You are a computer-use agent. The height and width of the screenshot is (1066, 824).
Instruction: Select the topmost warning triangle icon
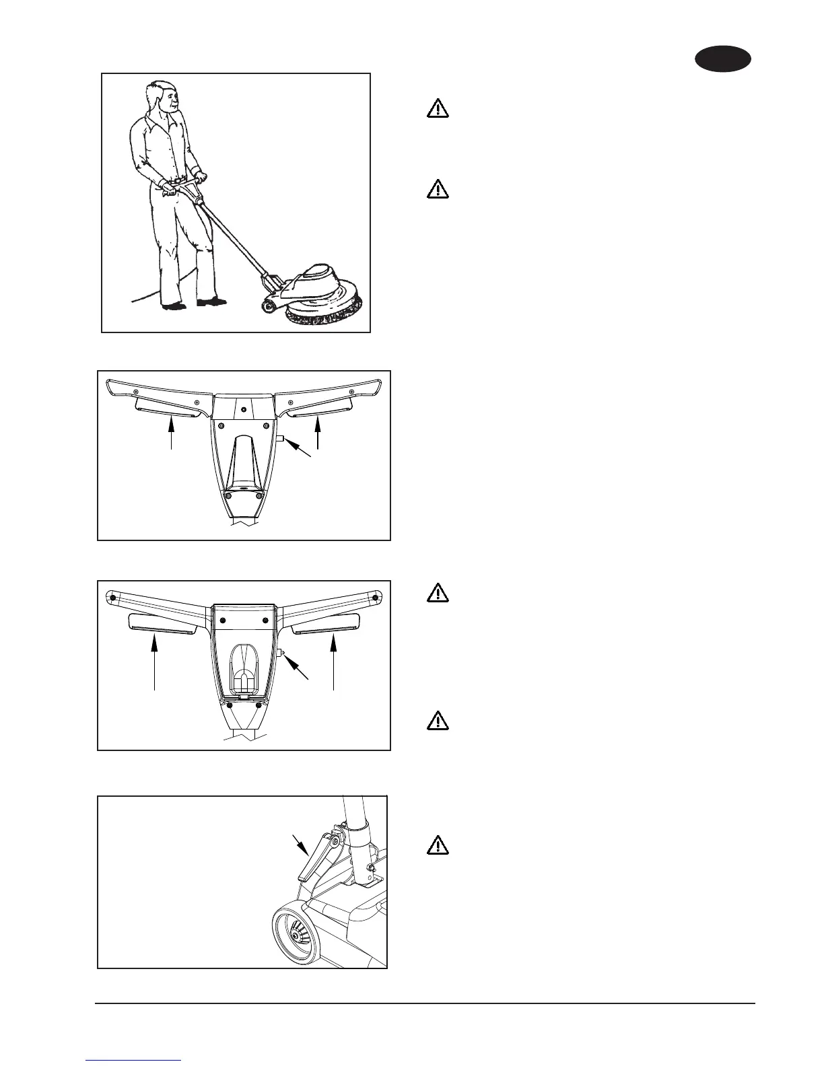click(438, 109)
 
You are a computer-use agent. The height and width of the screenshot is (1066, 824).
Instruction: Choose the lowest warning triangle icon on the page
click(438, 845)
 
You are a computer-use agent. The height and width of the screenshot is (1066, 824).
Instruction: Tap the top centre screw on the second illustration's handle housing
click(244, 408)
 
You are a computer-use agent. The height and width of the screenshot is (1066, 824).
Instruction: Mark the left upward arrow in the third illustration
click(156, 663)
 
